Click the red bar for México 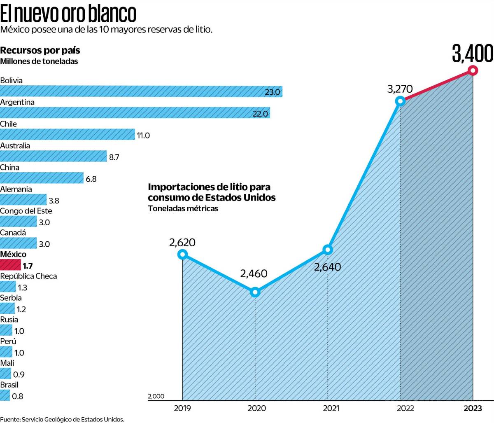10,265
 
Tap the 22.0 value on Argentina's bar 260,114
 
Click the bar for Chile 67,135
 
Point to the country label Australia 15,146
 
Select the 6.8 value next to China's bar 91,179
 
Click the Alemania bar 23,200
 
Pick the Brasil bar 5,396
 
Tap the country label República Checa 28,276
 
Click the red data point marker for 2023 473,70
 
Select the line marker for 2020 255,292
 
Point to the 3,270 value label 400,89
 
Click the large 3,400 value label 472,54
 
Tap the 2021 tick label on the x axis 331,409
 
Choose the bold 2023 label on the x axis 473,409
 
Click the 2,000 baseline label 156,396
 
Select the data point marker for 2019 182,254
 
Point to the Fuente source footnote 62,419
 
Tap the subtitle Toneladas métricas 183,209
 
